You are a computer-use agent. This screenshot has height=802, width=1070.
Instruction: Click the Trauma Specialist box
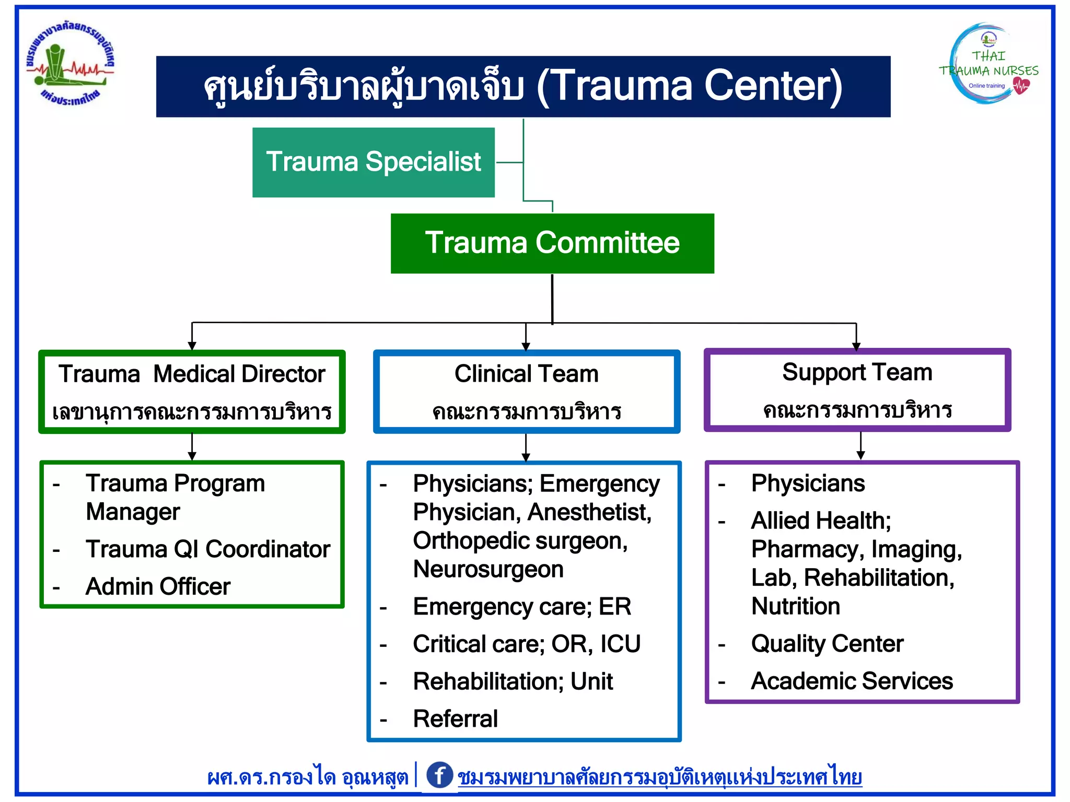[x=373, y=162]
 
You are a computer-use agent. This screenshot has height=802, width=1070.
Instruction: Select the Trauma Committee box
[x=552, y=243]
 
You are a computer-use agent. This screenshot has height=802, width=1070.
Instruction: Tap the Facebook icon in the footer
[x=439, y=775]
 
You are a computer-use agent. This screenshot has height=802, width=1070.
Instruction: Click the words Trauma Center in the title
[x=690, y=86]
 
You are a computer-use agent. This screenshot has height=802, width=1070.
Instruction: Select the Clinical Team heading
[x=526, y=374]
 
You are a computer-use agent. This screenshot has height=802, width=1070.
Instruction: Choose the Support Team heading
[x=857, y=372]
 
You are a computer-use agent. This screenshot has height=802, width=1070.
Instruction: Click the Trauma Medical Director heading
[x=192, y=374]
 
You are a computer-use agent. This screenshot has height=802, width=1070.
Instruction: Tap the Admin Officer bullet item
[x=158, y=586]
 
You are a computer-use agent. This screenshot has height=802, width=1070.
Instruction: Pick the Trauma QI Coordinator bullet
[x=208, y=549]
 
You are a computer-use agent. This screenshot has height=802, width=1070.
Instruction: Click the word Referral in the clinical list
[x=455, y=718]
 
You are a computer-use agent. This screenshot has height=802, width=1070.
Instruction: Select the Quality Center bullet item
[x=827, y=643]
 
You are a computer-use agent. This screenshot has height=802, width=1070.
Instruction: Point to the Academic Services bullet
[x=852, y=681]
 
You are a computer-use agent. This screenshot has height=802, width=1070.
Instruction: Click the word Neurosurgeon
[x=488, y=569]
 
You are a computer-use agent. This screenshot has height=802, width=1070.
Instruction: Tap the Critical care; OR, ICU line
[x=526, y=644]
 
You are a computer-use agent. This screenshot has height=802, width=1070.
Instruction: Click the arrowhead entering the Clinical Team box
[x=526, y=346]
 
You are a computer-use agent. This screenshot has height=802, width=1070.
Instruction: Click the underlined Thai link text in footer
[x=659, y=777]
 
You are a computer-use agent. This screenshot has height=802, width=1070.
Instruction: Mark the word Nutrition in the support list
[x=795, y=606]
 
